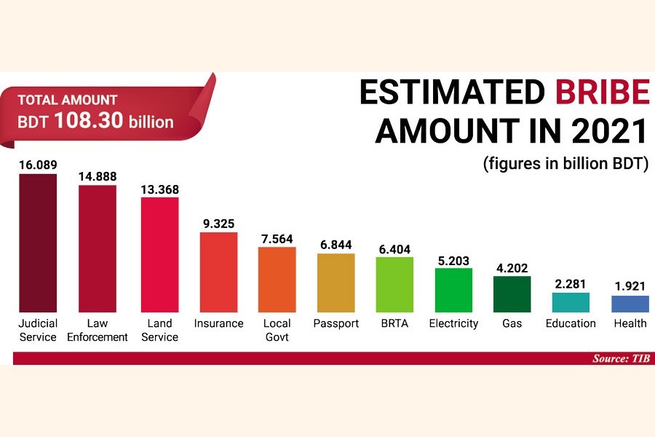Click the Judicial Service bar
point(38,243)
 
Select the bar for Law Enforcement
point(97,248)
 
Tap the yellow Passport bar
point(336,283)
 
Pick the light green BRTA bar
point(394,284)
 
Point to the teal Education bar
point(571,302)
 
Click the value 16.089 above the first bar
point(38,164)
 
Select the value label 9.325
point(218,224)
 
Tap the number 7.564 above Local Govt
point(277,238)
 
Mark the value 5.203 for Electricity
point(453,260)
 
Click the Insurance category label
point(218,323)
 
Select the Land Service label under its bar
point(159,330)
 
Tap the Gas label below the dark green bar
point(512,323)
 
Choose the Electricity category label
point(453,323)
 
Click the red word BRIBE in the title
point(602,93)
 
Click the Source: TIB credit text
point(621,358)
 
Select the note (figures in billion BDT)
point(565,164)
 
